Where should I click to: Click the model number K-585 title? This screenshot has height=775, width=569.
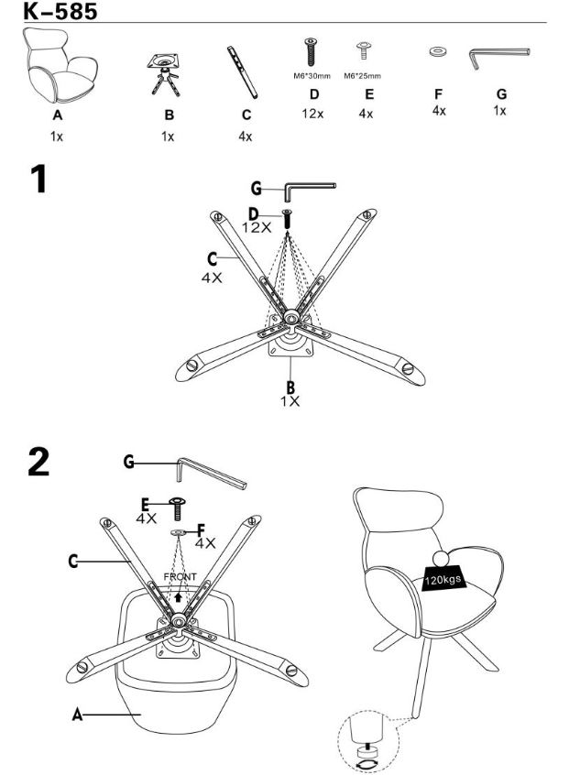click(x=60, y=11)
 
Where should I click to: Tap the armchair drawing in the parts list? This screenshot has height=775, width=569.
click(x=60, y=65)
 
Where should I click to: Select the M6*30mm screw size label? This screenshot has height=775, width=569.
click(x=312, y=76)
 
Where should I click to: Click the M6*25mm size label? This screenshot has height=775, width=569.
click(x=362, y=76)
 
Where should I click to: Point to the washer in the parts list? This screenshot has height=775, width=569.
click(x=437, y=51)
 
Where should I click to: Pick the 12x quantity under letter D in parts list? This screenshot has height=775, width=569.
click(x=312, y=114)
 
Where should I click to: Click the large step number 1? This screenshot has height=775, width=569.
click(x=38, y=179)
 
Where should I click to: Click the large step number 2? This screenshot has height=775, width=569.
click(x=38, y=462)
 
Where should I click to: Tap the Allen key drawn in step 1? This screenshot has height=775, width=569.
click(x=310, y=189)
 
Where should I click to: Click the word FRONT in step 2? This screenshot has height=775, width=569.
click(x=180, y=577)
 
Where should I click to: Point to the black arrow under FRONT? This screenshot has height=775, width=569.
click(x=179, y=596)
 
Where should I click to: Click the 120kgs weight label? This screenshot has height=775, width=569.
click(x=443, y=579)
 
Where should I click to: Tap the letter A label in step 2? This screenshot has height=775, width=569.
click(x=77, y=715)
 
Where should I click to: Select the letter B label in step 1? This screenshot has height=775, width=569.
click(x=290, y=387)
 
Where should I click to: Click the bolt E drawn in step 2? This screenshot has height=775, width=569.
click(x=178, y=508)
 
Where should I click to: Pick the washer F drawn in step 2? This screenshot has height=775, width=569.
click(x=179, y=532)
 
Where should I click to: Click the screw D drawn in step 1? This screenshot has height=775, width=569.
click(x=287, y=219)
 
